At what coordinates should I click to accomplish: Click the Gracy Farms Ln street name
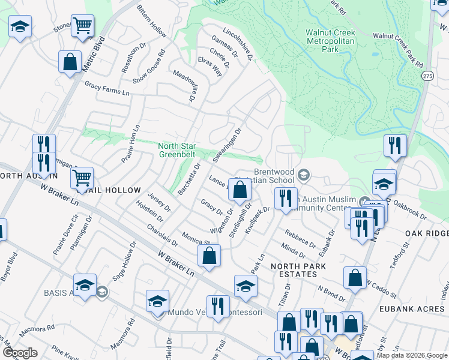point(107,89)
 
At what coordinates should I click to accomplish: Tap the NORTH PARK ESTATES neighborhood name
point(298,269)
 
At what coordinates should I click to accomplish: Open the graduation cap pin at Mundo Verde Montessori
point(157,301)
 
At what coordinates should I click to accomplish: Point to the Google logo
point(19,353)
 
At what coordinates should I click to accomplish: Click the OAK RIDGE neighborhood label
point(427,233)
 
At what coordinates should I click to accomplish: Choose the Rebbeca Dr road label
point(300,238)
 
